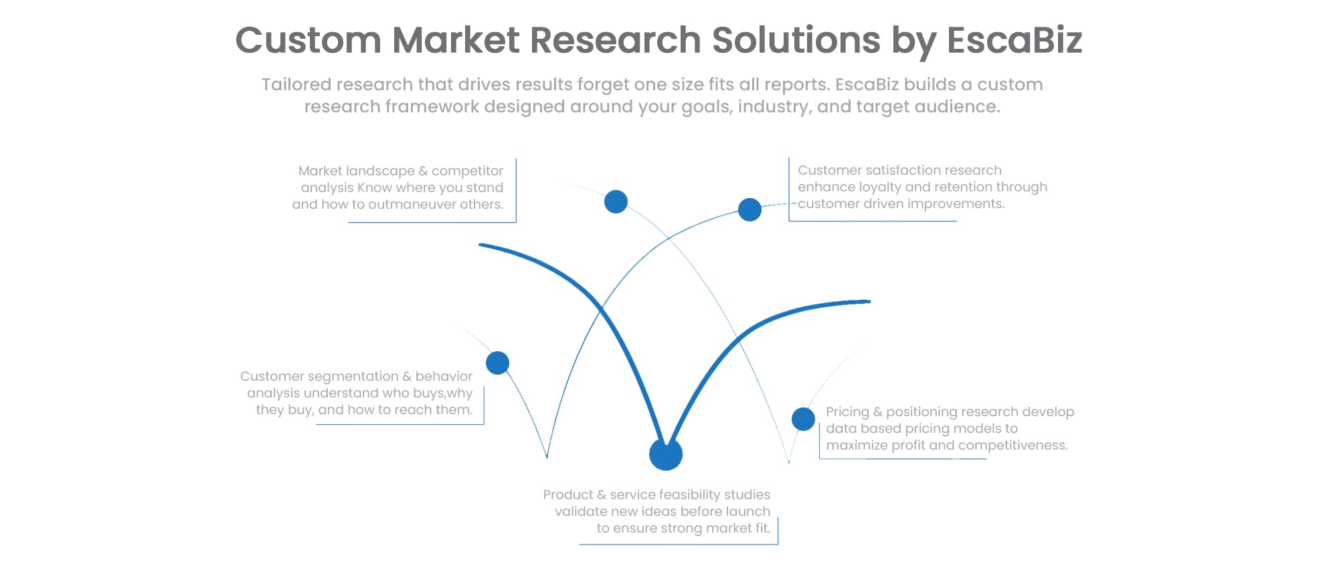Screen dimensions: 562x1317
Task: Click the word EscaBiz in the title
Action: pos(1014,40)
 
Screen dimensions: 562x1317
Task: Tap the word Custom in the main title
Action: pos(308,40)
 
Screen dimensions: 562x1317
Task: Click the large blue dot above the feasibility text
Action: pos(666,454)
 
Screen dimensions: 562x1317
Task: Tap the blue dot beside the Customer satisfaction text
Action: pos(750,209)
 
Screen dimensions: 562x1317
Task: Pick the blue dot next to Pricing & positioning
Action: pos(803,419)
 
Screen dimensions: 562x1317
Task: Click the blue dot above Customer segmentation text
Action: pos(497,363)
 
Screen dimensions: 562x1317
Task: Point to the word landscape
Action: pos(379,171)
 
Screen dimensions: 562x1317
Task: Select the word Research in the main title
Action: pos(615,40)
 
